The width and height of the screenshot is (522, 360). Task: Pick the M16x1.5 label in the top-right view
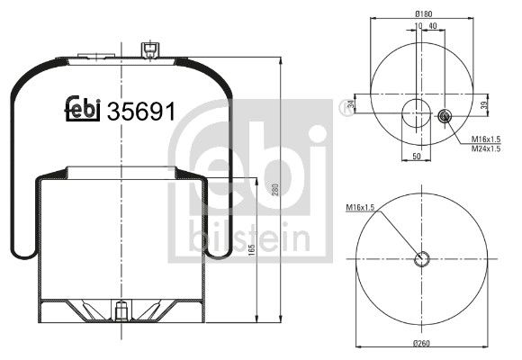[x=486, y=138]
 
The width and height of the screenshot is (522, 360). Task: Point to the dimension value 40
[x=433, y=26]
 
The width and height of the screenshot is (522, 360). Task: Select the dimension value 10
[x=418, y=26]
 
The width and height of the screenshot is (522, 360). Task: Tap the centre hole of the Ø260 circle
[x=422, y=260]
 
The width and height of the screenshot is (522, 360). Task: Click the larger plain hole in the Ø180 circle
[x=416, y=113]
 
